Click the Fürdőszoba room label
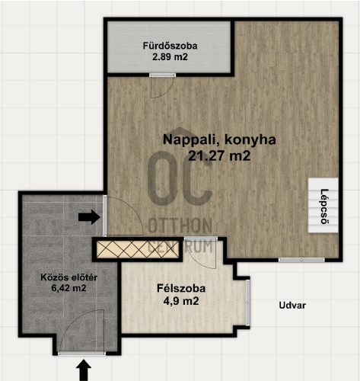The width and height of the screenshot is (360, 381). pyautogui.click(x=170, y=46)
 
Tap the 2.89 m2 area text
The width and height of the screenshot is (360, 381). pyautogui.click(x=170, y=57)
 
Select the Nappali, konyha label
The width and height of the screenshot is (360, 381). pyautogui.click(x=219, y=140)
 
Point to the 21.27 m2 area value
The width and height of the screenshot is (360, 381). pyautogui.click(x=219, y=155)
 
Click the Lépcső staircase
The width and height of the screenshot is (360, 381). pyautogui.click(x=323, y=205)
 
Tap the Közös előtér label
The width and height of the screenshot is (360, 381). pyautogui.click(x=69, y=277)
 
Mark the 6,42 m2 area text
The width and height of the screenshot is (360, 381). pyautogui.click(x=68, y=288)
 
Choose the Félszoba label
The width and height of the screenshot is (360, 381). pyautogui.click(x=181, y=289)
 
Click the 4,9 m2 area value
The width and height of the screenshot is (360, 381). pyautogui.click(x=181, y=301)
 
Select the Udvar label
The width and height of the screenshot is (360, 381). pyautogui.click(x=292, y=306)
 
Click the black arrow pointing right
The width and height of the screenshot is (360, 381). pyautogui.click(x=89, y=217)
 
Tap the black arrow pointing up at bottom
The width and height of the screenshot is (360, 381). pyautogui.click(x=84, y=370)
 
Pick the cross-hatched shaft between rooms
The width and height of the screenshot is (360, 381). pyautogui.click(x=138, y=250)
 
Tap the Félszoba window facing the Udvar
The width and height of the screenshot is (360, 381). pyautogui.click(x=248, y=303)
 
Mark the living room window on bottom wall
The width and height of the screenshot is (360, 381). pyautogui.click(x=301, y=260)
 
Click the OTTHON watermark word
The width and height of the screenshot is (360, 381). pyautogui.click(x=180, y=226)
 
